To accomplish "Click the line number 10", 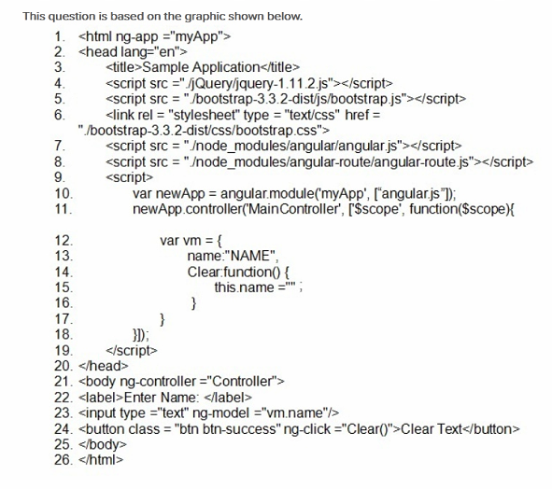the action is (64, 193).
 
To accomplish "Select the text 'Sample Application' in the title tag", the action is (201, 67).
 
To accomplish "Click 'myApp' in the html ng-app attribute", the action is (197, 36).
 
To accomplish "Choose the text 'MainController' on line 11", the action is (293, 209).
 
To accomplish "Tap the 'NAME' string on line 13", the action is (250, 256).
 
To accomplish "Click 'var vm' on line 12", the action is (180, 241).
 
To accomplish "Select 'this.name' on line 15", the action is (245, 287).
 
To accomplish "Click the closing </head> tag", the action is (104, 366).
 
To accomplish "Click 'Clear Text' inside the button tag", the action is (432, 429).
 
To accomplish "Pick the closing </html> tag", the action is (101, 460).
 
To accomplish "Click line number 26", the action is (64, 460).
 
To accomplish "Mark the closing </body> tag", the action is (103, 445).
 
